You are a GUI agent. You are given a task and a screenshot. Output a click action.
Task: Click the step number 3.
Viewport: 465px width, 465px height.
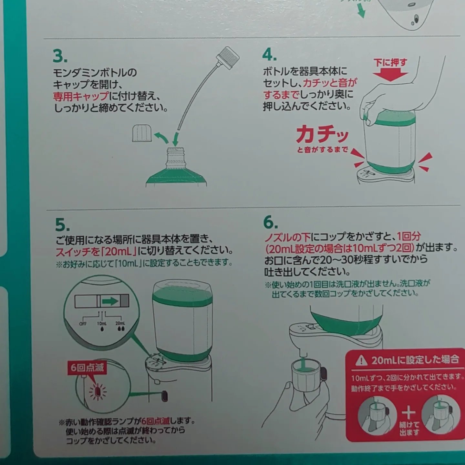pyautogui.click(x=60, y=56)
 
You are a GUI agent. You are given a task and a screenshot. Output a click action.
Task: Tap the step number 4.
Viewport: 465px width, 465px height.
pyautogui.click(x=269, y=55)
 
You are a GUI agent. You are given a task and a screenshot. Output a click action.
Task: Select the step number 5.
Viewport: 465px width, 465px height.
pyautogui.click(x=62, y=225)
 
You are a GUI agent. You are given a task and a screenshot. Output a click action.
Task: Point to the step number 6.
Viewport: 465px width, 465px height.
pyautogui.click(x=270, y=222)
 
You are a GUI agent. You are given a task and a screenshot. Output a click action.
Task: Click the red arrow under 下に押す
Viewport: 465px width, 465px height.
pyautogui.click(x=390, y=76)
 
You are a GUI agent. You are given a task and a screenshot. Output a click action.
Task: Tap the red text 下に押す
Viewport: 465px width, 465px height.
pyautogui.click(x=390, y=62)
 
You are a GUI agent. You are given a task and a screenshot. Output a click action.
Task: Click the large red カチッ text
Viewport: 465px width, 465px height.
pyautogui.click(x=322, y=134)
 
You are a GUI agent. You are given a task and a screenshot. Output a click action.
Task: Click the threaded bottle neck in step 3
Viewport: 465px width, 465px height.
pyautogui.click(x=175, y=157)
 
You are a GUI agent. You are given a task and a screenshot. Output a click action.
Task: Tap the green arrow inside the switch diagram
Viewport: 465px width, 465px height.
pyautogui.click(x=110, y=301)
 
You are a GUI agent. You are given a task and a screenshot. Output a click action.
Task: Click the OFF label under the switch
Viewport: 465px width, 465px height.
pyautogui.click(x=83, y=324)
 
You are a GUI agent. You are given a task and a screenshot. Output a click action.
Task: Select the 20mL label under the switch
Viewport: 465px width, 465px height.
pyautogui.click(x=120, y=323)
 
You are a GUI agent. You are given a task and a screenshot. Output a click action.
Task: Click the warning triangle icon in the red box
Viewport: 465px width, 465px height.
pyautogui.click(x=361, y=360)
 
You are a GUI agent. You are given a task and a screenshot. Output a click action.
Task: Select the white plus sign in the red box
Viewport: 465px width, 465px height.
pyautogui.click(x=408, y=413)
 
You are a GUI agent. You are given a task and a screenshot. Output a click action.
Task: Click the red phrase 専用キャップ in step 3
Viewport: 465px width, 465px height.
pyautogui.click(x=81, y=96)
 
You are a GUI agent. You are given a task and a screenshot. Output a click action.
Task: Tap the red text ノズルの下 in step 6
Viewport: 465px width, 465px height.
pyautogui.click(x=287, y=237)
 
